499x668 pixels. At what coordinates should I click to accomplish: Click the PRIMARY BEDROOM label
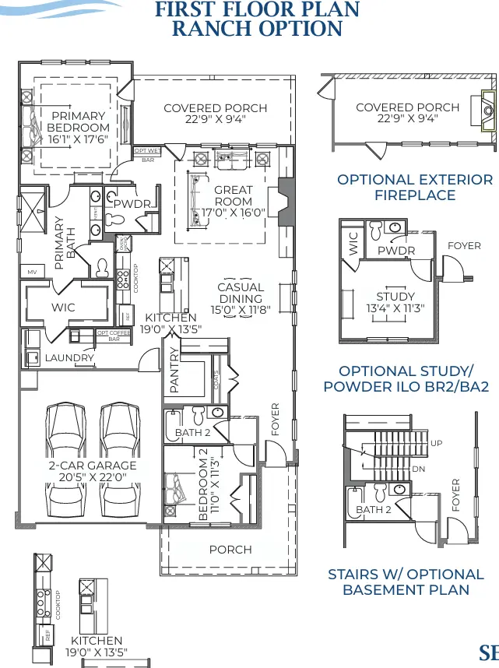[78, 127]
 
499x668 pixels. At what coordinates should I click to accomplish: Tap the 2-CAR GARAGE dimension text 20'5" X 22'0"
[92, 477]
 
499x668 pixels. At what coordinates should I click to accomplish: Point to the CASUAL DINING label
[241, 293]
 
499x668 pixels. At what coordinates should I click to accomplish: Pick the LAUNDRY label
[69, 358]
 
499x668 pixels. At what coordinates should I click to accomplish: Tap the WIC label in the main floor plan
[63, 308]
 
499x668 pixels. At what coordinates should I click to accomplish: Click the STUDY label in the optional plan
[395, 297]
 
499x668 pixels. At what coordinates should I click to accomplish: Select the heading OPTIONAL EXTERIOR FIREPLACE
[414, 187]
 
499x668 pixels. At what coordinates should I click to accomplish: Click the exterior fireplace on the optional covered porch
[488, 111]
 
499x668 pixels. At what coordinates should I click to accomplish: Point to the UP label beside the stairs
[437, 443]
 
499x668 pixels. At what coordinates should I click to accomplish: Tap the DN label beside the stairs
[418, 469]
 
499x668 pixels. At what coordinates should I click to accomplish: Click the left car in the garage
[63, 457]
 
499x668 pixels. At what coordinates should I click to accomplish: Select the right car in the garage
[120, 457]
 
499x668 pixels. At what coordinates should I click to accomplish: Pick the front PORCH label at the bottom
[230, 550]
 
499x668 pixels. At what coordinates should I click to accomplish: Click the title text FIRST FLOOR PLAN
[257, 10]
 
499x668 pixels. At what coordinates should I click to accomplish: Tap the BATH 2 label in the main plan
[193, 432]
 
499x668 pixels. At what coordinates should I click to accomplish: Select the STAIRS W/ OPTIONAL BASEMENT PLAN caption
[406, 582]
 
